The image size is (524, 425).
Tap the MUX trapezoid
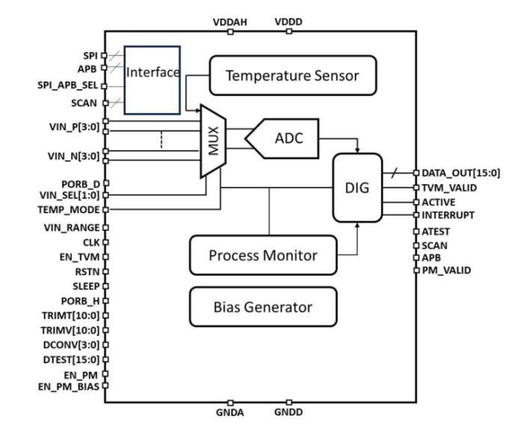coord(214,141)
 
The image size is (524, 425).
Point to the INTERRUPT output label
coord(447,215)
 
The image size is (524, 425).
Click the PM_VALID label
coord(445,270)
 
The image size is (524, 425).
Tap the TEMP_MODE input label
coord(72,209)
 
